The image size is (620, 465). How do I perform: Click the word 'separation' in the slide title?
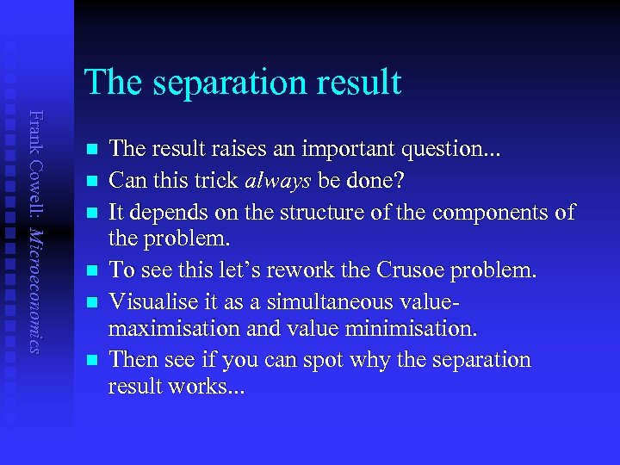click(x=226, y=83)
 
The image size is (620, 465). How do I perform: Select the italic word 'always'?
click(x=276, y=183)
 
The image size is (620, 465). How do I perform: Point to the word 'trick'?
click(x=213, y=183)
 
